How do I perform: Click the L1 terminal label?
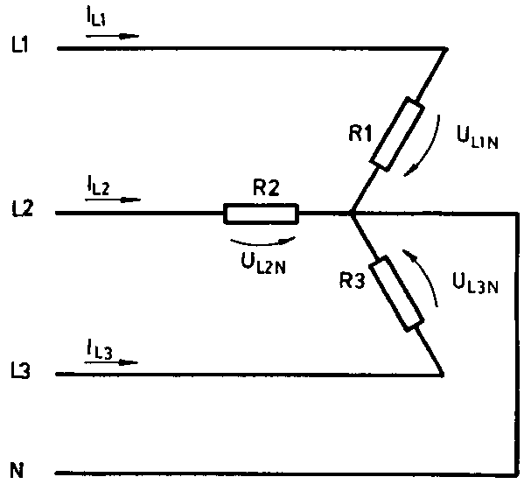[20, 46]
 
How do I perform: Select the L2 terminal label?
[23, 209]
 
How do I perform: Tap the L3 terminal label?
[20, 371]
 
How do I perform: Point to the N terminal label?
[17, 470]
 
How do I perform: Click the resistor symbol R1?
[397, 134]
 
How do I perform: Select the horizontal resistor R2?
[261, 214]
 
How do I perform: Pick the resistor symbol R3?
[396, 293]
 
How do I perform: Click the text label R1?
[360, 134]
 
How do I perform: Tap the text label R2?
[266, 188]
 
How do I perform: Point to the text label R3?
[353, 280]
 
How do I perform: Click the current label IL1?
[96, 18]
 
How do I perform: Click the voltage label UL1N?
[478, 137]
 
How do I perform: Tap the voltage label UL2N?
[263, 264]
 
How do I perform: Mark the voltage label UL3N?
[475, 283]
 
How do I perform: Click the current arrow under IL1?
[112, 36]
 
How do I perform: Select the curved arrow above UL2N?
[262, 242]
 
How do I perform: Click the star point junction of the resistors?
[351, 213]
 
